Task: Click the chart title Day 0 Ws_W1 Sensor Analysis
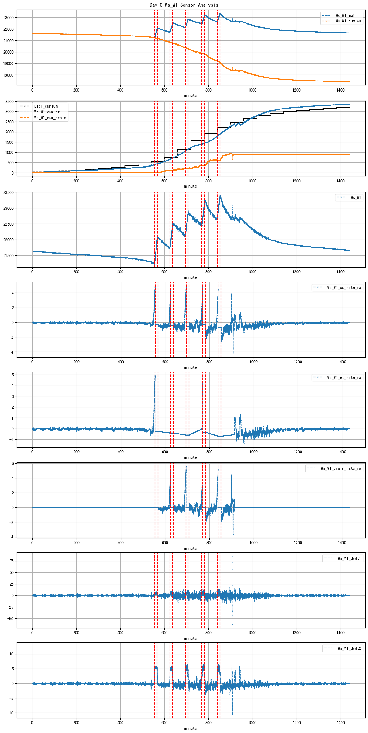tap(184, 5)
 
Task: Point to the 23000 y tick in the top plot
tap(9, 18)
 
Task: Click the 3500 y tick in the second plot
tap(10, 102)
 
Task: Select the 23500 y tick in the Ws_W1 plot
tap(9, 192)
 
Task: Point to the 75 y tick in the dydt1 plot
tap(12, 561)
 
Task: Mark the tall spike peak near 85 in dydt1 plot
tap(232, 556)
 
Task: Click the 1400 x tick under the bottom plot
tap(341, 723)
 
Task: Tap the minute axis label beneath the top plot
tap(191, 95)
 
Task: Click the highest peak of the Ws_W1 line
tap(220, 196)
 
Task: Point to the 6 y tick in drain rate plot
tap(13, 463)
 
